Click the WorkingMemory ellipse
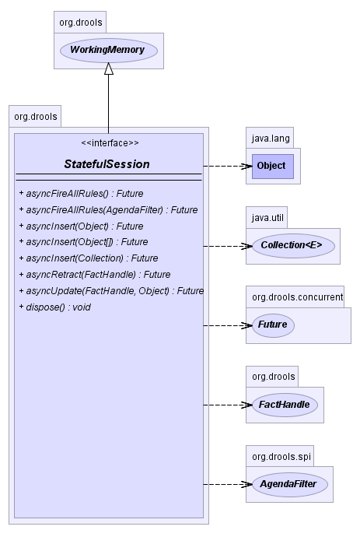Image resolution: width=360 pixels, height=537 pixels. (x=109, y=51)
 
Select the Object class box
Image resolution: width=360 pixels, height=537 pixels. (x=273, y=166)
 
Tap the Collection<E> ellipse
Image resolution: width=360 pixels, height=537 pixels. (x=293, y=246)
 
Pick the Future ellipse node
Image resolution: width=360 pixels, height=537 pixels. (x=273, y=325)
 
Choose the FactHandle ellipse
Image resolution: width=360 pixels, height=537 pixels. (x=285, y=405)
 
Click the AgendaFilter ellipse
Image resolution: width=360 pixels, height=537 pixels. (x=290, y=484)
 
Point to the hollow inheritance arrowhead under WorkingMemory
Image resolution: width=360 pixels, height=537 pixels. (x=109, y=68)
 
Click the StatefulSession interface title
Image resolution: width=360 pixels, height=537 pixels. (x=107, y=164)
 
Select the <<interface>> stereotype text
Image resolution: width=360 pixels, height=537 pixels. (x=110, y=143)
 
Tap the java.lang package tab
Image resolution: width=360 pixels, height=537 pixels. (x=270, y=138)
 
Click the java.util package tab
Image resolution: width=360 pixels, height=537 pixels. (x=267, y=217)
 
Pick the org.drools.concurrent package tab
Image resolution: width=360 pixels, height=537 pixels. (x=295, y=297)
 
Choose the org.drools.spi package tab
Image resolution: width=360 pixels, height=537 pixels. (x=280, y=456)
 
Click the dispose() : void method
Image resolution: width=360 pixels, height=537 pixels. (x=55, y=307)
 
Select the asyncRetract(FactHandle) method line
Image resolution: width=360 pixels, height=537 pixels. (x=95, y=274)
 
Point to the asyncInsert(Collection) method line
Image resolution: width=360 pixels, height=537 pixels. (x=89, y=258)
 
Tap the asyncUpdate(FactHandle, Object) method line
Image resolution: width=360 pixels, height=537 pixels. (x=111, y=291)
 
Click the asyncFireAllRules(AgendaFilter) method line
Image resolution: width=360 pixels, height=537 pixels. (x=109, y=209)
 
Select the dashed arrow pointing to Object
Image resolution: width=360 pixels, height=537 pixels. (x=228, y=166)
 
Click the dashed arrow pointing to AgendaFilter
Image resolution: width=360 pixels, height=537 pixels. (x=228, y=484)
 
